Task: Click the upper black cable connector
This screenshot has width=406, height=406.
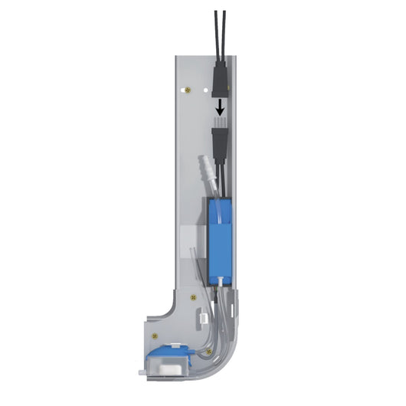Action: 218,77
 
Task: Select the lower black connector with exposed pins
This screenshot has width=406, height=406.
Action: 218,142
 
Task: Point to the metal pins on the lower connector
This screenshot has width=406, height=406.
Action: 218,123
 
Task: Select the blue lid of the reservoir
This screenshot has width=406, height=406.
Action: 166,352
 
